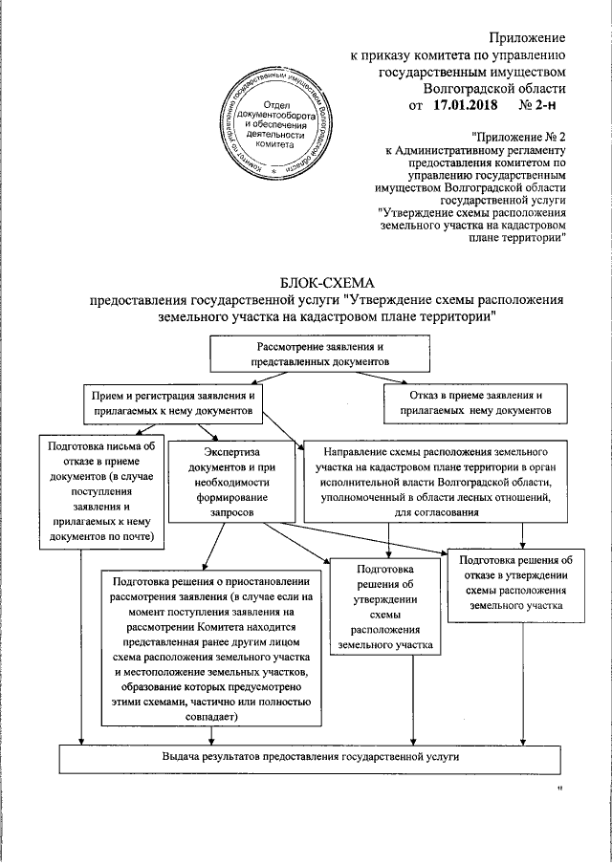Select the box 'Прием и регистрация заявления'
(x=172, y=402)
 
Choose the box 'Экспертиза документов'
(x=232, y=482)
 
